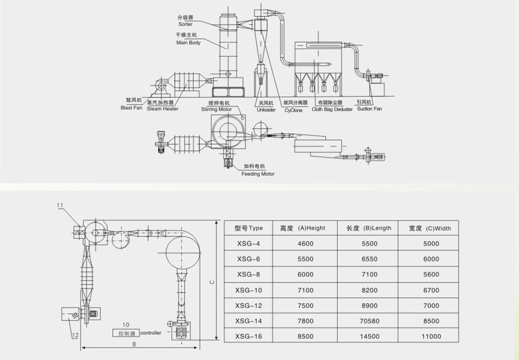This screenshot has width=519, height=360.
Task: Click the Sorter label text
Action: coord(185,24)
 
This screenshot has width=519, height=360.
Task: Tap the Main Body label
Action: coord(188,43)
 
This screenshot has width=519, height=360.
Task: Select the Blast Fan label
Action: coord(130,108)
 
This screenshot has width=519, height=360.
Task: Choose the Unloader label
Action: coord(266,109)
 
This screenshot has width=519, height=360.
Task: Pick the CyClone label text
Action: coord(293,110)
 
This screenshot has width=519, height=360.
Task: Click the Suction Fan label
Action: coord(369,109)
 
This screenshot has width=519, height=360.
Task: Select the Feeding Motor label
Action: coord(258,174)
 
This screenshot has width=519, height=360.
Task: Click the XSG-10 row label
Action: coord(250,290)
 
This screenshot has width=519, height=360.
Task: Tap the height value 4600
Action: coord(305,244)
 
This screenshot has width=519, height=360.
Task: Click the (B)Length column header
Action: coord(369,228)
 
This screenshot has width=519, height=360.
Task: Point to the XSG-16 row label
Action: coord(250,337)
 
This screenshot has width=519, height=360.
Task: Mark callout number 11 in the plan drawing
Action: coord(60,206)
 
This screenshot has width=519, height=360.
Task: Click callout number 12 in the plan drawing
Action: coord(75,335)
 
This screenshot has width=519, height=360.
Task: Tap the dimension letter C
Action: coord(212,283)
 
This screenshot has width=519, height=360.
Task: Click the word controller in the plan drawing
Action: coord(151,332)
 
